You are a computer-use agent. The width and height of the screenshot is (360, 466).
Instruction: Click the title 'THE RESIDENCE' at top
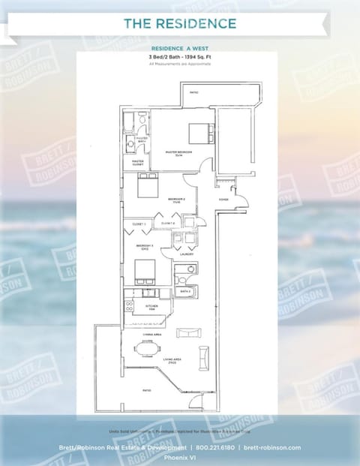point(180,24)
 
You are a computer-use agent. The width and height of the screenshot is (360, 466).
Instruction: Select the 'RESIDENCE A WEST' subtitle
point(180,48)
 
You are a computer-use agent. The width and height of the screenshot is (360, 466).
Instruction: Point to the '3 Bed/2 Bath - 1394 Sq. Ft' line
point(180,57)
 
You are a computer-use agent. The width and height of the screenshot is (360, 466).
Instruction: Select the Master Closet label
point(137,161)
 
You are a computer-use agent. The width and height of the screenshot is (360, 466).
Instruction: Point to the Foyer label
point(223,200)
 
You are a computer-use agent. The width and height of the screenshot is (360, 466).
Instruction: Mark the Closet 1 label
point(138,224)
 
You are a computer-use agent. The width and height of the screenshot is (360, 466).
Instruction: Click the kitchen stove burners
point(130,305)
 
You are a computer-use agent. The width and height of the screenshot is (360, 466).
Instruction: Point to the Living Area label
point(174,361)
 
